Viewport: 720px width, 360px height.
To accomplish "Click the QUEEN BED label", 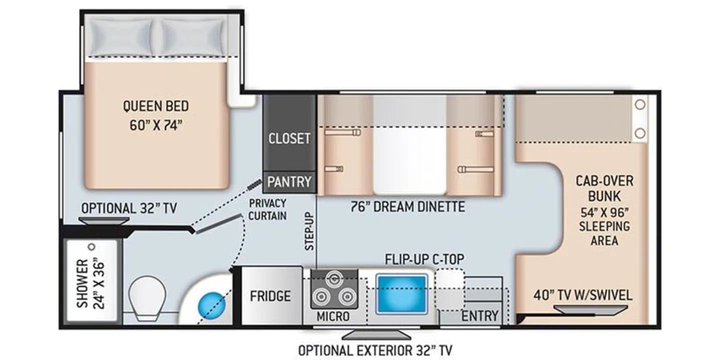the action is (156, 106).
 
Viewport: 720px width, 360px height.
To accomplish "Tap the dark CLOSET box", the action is (289, 133).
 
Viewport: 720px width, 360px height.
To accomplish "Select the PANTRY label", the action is (289, 182).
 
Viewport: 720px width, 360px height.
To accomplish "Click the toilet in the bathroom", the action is (147, 297).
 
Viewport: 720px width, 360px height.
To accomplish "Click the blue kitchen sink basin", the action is (401, 294).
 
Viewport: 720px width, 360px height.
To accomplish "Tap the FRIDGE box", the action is (270, 296).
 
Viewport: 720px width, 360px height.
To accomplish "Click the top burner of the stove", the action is (334, 278).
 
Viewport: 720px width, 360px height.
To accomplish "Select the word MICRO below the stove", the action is (333, 316).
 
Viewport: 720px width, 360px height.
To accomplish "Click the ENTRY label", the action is (480, 316).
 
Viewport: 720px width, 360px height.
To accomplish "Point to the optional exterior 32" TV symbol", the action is (376, 334).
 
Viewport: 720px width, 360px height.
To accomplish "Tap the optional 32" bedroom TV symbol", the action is (104, 221).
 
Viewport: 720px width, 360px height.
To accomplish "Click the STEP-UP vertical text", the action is (309, 231).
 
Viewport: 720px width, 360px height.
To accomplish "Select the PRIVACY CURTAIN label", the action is (267, 209).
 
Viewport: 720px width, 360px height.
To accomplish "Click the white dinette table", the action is (410, 144).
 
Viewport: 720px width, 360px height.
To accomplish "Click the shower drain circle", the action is (92, 247).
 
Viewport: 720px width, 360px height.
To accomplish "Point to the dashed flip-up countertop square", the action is (450, 289).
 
